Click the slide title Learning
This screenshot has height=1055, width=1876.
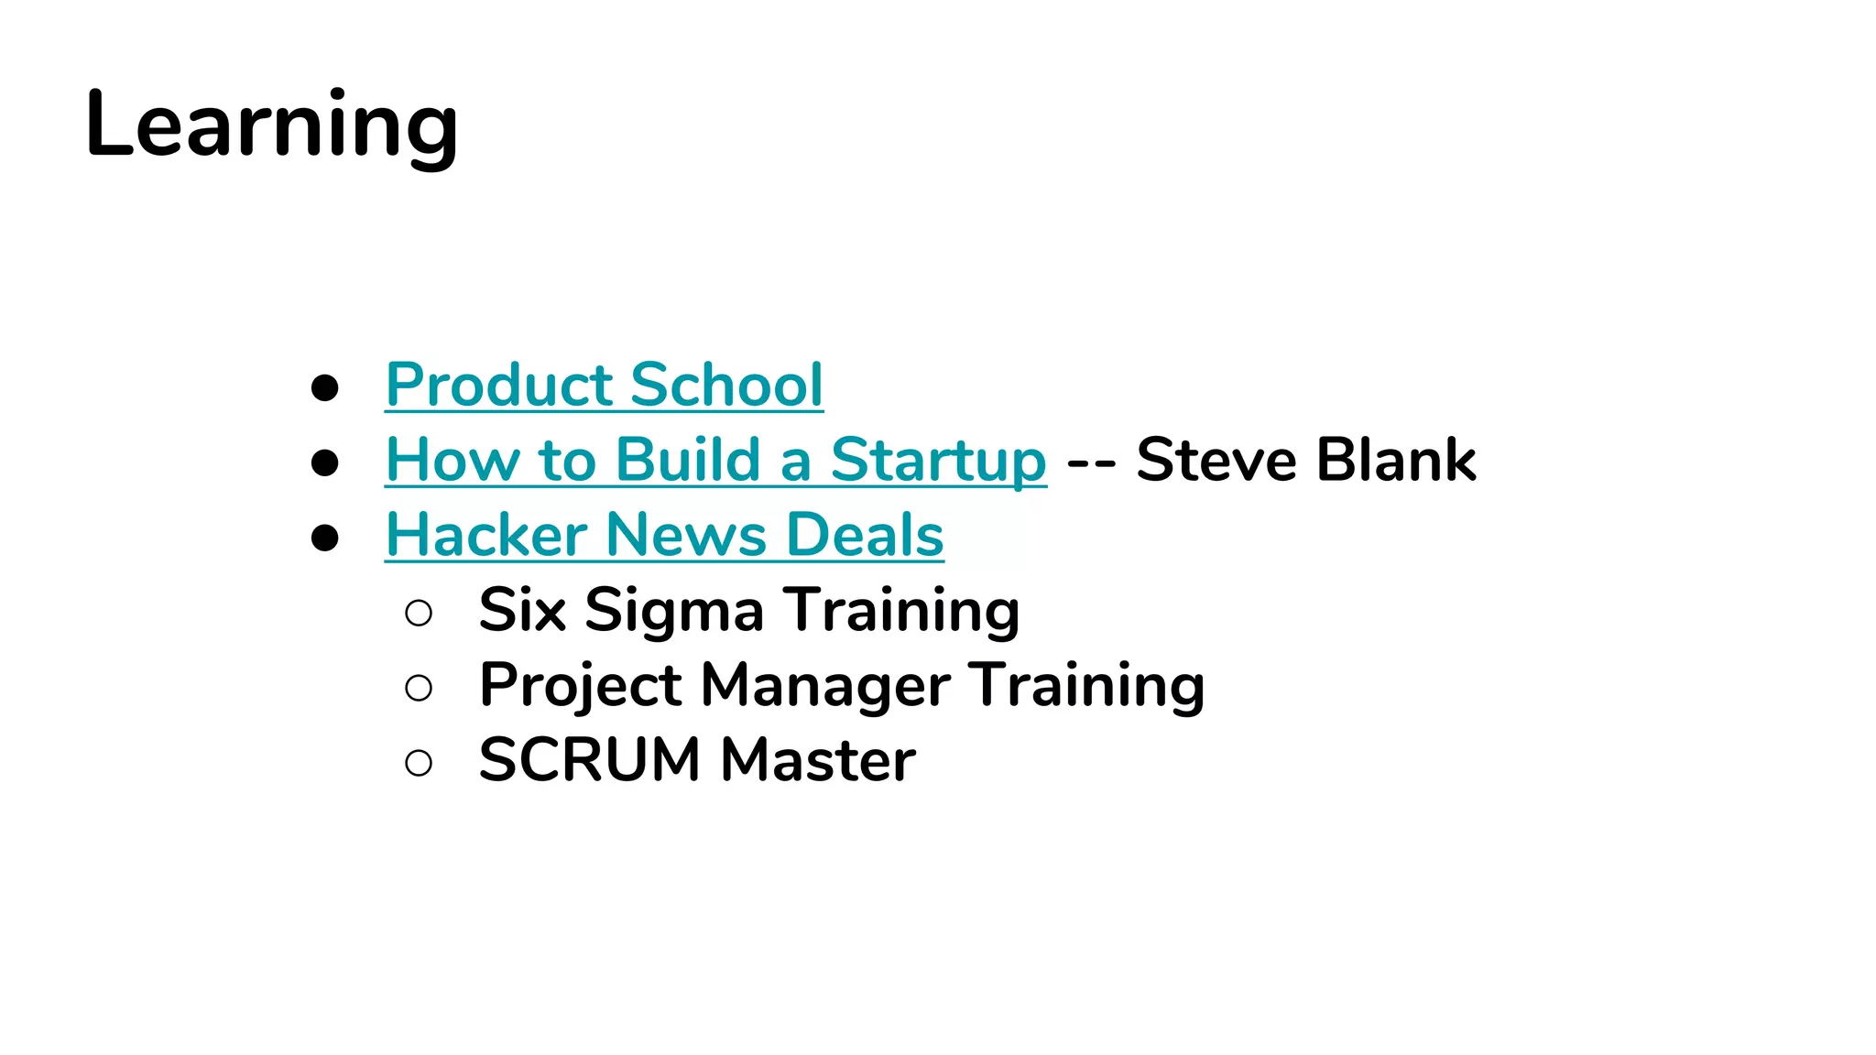click(x=271, y=125)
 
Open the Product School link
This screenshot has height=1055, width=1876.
click(x=605, y=385)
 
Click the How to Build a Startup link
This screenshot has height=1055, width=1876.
click(x=715, y=460)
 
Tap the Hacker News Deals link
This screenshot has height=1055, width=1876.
click(x=664, y=535)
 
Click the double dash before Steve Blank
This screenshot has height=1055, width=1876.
click(x=1091, y=462)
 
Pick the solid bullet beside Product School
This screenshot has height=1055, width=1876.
click(x=325, y=387)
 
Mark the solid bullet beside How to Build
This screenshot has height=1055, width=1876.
click(x=325, y=462)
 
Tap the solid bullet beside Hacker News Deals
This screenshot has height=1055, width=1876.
click(x=325, y=538)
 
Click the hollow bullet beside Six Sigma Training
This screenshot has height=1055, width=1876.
click(x=419, y=613)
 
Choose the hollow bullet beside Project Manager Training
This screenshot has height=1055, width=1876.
click(x=419, y=688)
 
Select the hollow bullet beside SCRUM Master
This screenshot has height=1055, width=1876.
click(x=419, y=763)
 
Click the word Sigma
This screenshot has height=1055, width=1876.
click(x=673, y=612)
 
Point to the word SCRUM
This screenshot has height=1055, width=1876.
click(x=589, y=760)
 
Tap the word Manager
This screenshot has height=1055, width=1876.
click(x=825, y=687)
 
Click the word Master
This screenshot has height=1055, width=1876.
click(x=818, y=760)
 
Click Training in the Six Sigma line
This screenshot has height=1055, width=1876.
click(x=903, y=612)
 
